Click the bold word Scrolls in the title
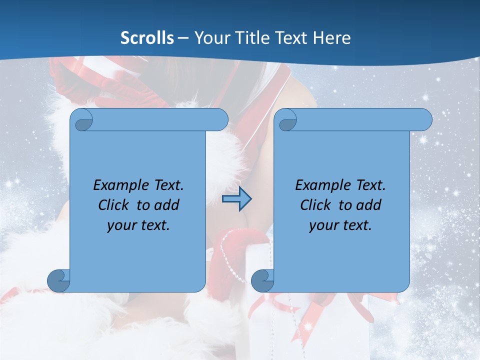pyautogui.click(x=147, y=38)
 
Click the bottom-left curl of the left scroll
pyautogui.click(x=58, y=280)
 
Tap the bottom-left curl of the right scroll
pyautogui.click(x=262, y=280)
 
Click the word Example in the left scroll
pyautogui.click(x=118, y=185)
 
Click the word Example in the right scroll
pyautogui.click(x=320, y=185)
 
